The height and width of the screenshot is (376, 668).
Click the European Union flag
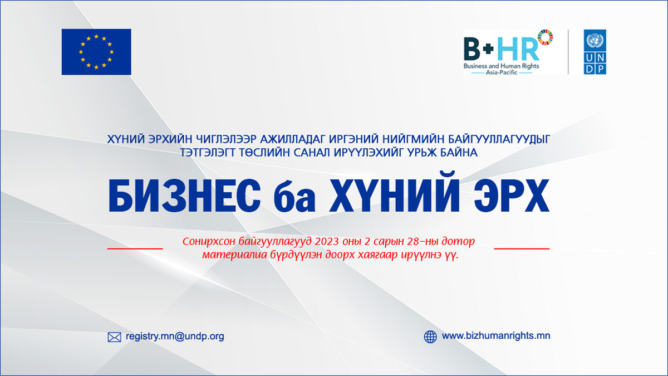click(x=96, y=52)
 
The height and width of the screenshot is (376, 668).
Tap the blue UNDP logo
click(x=595, y=52)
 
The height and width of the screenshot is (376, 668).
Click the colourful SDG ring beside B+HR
click(x=545, y=37)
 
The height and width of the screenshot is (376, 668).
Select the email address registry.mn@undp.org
click(x=175, y=336)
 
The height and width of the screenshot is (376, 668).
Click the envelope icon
click(x=115, y=337)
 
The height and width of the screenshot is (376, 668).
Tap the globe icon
click(x=430, y=336)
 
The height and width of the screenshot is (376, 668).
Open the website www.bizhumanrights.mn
click(x=496, y=336)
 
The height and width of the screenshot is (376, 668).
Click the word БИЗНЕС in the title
click(x=184, y=196)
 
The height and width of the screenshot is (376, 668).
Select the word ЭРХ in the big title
click(x=512, y=196)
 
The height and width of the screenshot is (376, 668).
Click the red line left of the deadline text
click(x=135, y=248)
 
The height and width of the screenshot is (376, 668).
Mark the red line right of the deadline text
click(x=522, y=248)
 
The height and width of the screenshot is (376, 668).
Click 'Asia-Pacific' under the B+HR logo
click(x=502, y=72)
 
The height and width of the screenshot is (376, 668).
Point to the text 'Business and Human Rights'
click(x=502, y=66)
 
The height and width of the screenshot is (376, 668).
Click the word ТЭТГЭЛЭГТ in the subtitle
click(x=207, y=153)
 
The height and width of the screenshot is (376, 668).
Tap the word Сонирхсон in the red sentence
click(x=209, y=241)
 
